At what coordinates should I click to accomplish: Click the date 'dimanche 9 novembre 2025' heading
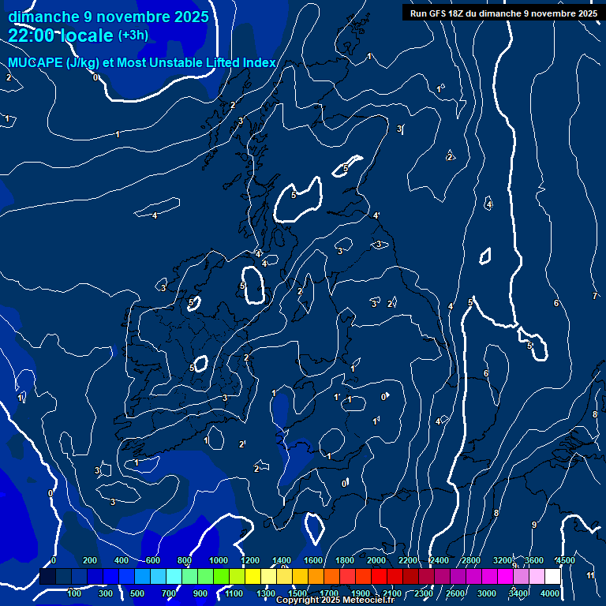(x=108, y=17)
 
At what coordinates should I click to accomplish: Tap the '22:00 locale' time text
(x=61, y=36)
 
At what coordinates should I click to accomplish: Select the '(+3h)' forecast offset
(x=133, y=36)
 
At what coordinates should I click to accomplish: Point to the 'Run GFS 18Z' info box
(x=503, y=13)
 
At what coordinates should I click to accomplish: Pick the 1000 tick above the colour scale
(x=219, y=560)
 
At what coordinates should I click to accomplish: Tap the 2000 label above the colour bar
(x=376, y=560)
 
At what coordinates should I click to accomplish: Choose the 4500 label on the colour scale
(x=565, y=560)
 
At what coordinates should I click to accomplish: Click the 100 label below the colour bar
(x=74, y=593)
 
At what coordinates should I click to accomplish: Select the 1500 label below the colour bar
(x=297, y=593)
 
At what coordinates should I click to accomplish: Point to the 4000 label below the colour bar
(x=551, y=593)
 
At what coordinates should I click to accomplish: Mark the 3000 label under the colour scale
(x=487, y=593)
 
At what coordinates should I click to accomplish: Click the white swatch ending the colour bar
(x=552, y=577)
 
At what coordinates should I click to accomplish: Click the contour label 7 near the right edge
(x=595, y=296)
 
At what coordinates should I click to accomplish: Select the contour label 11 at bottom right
(x=591, y=576)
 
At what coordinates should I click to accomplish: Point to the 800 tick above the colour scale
(x=187, y=560)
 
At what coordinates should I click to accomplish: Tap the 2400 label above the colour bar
(x=440, y=560)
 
